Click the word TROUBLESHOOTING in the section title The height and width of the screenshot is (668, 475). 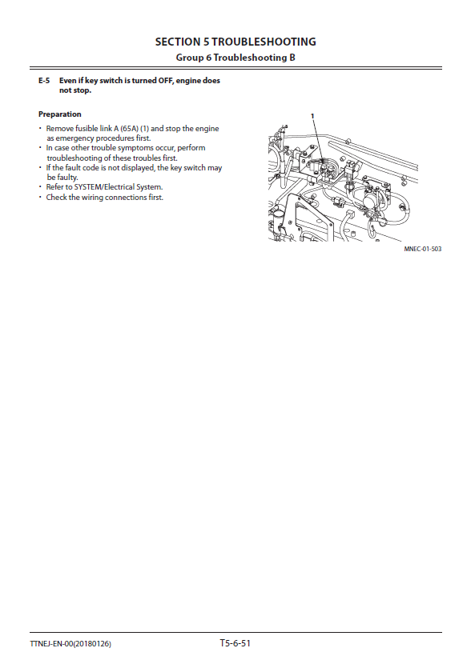(x=264, y=42)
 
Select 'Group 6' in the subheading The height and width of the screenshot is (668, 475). (x=194, y=58)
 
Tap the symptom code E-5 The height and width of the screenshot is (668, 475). (x=44, y=81)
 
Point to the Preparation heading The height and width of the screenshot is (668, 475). (x=60, y=114)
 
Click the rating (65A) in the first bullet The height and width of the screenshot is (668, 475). (x=129, y=129)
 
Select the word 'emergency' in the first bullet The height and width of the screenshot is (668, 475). (x=75, y=138)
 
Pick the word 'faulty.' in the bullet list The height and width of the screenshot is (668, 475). (x=67, y=178)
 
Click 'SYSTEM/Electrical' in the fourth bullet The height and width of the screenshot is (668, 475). (x=104, y=187)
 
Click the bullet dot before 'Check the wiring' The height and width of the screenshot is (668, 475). (x=41, y=198)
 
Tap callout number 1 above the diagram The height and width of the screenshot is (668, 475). (x=312, y=116)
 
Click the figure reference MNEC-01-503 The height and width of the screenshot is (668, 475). (x=423, y=249)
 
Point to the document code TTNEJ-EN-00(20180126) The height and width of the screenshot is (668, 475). (x=70, y=644)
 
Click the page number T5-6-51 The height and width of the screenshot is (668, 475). (x=235, y=643)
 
